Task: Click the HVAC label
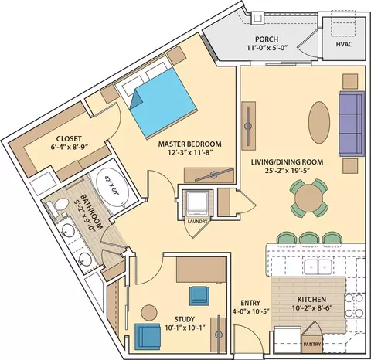click(x=344, y=44)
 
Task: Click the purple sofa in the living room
click(x=352, y=124)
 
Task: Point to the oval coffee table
click(x=319, y=122)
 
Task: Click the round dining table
click(x=309, y=199)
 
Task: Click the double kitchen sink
click(x=318, y=267)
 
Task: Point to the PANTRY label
click(x=312, y=344)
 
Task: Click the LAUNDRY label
click(x=197, y=222)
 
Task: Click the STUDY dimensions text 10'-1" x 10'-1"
click(x=185, y=328)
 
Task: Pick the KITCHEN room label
click(x=311, y=300)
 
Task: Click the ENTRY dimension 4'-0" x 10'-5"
click(x=250, y=311)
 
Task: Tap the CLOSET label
click(x=69, y=139)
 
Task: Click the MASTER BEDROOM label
click(x=190, y=144)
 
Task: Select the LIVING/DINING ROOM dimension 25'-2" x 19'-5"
click(x=288, y=170)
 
